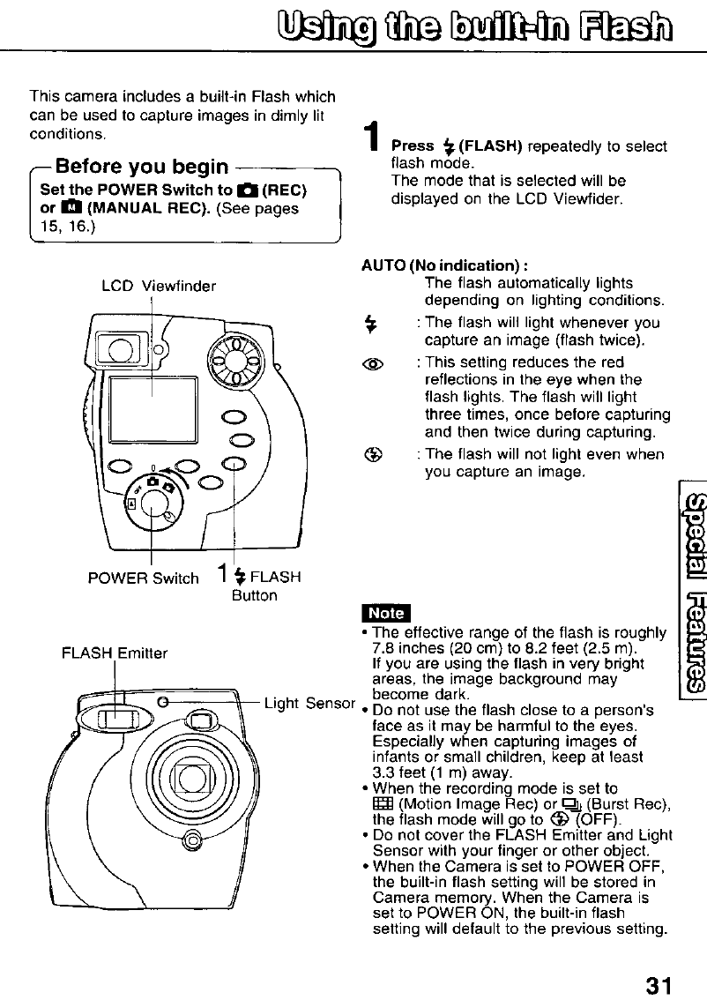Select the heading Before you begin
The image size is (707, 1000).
tap(142, 166)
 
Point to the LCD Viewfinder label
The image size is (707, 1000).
tap(160, 285)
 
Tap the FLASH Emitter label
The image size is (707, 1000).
tap(115, 629)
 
